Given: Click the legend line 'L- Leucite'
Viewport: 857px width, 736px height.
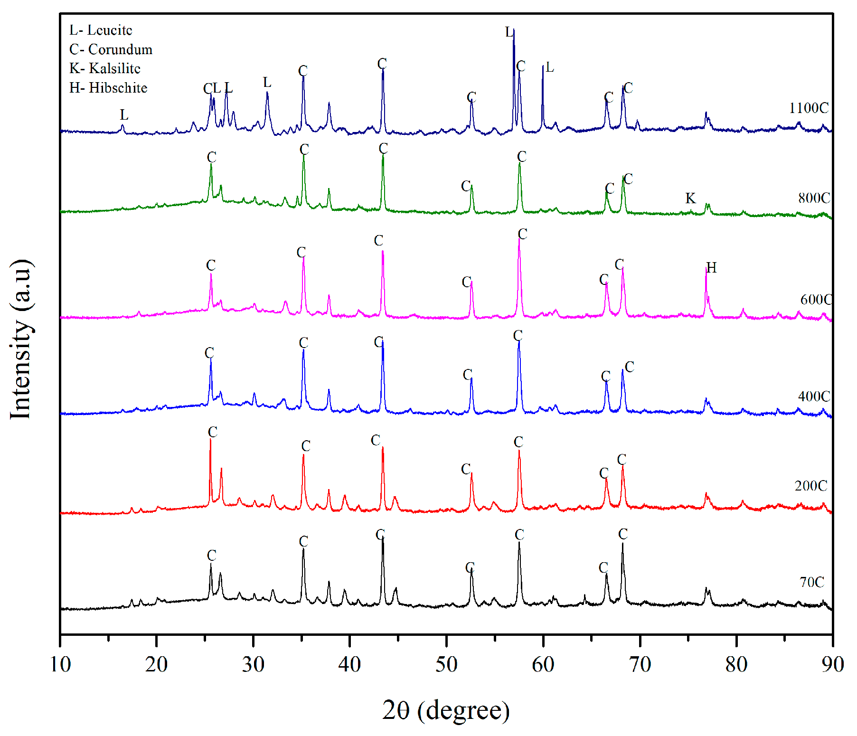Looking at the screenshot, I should [101, 30].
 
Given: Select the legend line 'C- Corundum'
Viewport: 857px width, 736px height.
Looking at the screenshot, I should [111, 49].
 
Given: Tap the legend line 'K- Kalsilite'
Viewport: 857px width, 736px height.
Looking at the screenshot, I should [105, 68].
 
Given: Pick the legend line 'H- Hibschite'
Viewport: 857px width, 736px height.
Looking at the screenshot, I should [108, 88].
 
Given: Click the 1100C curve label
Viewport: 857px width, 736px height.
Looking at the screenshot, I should [809, 108].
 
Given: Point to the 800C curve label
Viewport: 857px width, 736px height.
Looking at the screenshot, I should [814, 198].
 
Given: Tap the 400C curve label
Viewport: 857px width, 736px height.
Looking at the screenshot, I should [814, 396].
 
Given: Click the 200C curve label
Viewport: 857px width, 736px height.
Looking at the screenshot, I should [811, 486].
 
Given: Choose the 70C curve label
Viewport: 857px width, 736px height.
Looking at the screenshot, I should [812, 582].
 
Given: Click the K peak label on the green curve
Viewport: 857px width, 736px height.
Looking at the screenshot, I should [690, 198].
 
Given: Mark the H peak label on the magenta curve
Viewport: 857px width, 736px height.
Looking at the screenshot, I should [711, 268].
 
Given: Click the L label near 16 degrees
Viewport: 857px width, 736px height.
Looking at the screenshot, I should [124, 115].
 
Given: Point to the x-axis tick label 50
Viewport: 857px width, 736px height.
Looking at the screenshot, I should [446, 664].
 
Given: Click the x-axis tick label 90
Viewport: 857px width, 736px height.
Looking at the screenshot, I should [832, 664].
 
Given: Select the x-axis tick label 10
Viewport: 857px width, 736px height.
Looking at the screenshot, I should [60, 664].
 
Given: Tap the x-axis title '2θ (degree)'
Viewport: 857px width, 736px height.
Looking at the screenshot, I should [446, 710].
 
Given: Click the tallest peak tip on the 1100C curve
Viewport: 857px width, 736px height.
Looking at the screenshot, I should [514, 30].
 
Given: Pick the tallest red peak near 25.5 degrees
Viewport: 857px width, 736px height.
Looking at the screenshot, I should [210, 439].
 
